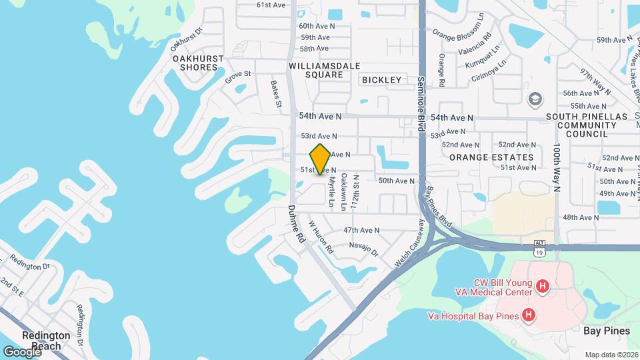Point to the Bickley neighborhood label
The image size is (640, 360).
coord(382,80)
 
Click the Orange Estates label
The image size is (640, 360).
coord(491,157)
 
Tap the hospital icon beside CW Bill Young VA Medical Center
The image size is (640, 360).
coord(543,287)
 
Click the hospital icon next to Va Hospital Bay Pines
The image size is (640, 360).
coord(529,314)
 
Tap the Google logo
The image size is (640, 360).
coord(21,351)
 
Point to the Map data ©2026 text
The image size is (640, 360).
coord(611,354)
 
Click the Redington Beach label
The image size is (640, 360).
coord(46,340)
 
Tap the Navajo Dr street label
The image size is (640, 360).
coord(365,249)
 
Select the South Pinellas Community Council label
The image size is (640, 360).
coord(577,125)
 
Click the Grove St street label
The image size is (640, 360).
coord(237,77)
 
